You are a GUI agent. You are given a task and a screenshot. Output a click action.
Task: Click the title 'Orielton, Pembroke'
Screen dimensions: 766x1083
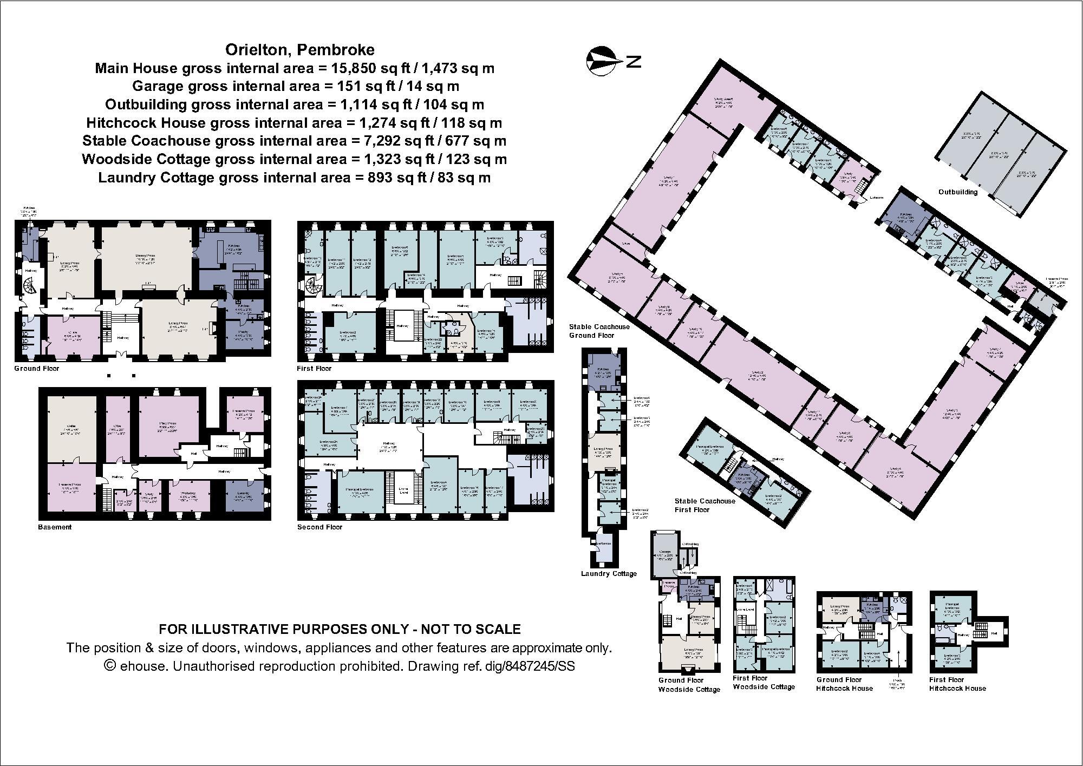pos(299,50)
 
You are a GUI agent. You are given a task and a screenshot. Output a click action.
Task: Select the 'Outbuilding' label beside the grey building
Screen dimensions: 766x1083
pos(957,192)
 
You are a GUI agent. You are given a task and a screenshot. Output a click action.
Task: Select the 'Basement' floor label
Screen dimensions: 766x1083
pos(55,527)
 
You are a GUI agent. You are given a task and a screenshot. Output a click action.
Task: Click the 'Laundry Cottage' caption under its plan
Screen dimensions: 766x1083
pos(609,574)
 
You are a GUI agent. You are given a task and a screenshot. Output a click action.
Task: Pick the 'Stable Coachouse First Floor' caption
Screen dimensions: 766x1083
pos(704,505)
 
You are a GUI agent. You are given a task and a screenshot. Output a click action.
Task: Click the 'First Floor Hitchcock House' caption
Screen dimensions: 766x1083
pos(957,684)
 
